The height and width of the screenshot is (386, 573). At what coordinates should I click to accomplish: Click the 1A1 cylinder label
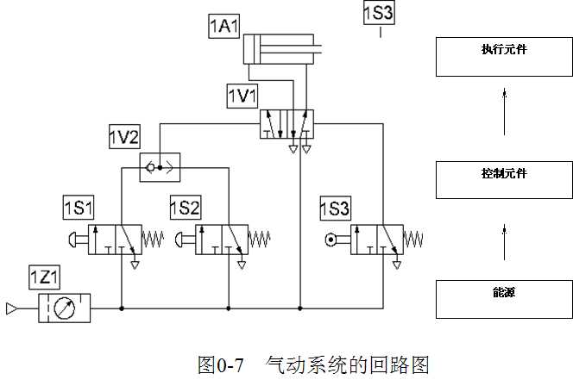click(224, 27)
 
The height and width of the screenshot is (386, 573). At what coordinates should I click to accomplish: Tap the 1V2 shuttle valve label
click(123, 136)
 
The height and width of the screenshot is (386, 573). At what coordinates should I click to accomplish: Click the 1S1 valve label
click(79, 208)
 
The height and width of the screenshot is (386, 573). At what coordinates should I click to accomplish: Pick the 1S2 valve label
click(185, 208)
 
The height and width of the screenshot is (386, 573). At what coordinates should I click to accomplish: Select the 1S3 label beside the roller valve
click(335, 208)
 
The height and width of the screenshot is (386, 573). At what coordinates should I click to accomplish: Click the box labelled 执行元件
click(504, 57)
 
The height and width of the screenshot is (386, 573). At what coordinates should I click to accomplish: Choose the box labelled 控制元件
click(504, 179)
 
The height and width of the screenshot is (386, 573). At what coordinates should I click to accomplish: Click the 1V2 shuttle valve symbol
click(160, 167)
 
